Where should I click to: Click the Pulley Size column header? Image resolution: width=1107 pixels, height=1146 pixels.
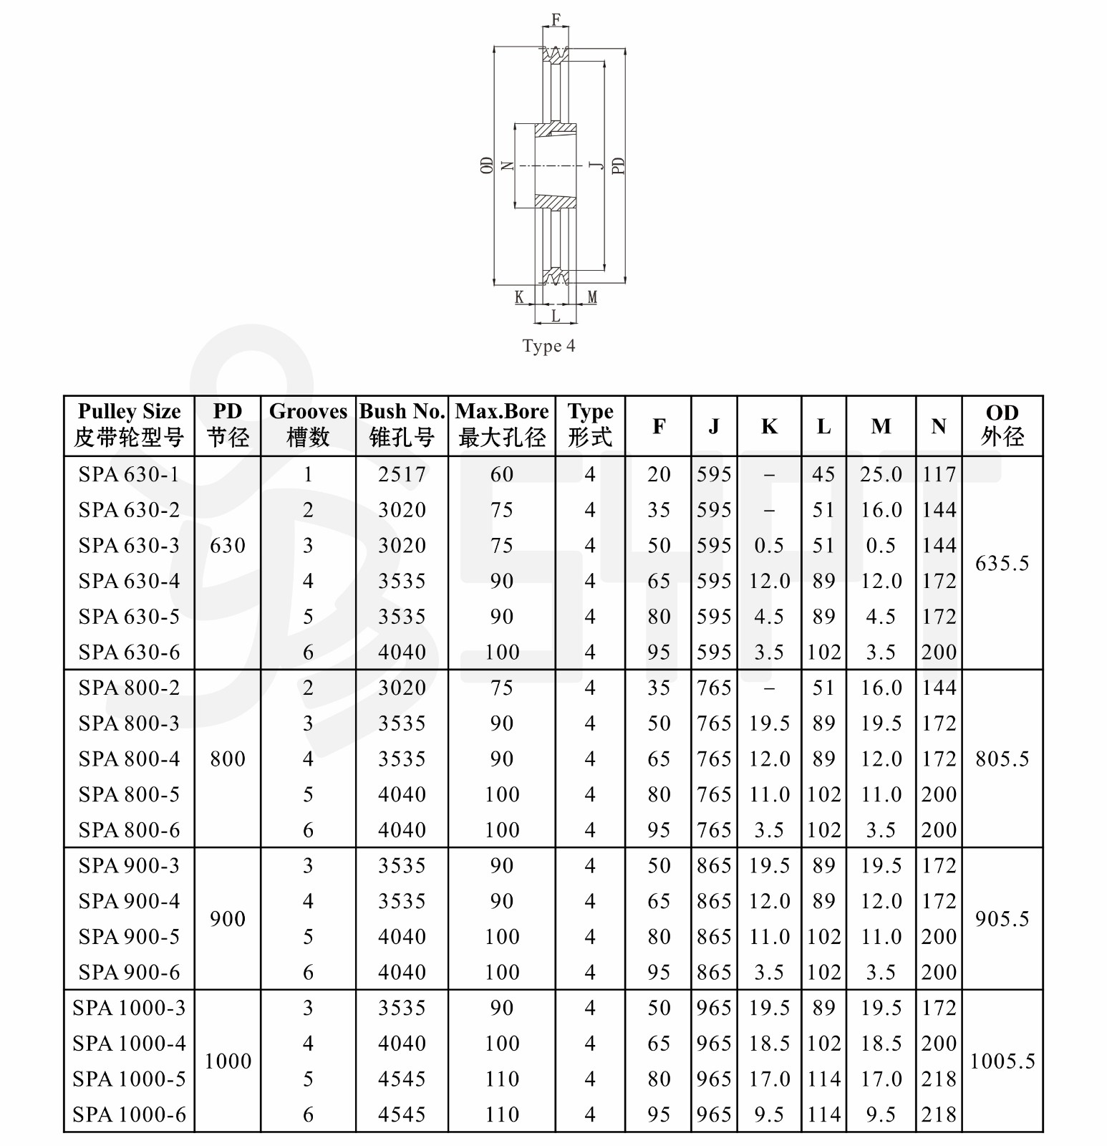click(129, 425)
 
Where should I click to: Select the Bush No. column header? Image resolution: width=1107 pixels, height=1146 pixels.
click(402, 425)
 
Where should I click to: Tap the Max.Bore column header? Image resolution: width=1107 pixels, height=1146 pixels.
click(502, 425)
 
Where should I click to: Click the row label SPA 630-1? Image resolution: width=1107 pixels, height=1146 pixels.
click(129, 474)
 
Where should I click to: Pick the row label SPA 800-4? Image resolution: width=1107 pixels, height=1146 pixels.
click(129, 759)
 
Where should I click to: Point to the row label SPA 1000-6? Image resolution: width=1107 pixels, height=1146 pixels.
click(129, 1114)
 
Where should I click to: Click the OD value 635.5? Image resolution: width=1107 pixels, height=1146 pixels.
click(1002, 564)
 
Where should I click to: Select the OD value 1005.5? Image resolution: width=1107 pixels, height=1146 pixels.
click(1002, 1061)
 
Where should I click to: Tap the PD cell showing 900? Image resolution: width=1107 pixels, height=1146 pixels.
click(228, 919)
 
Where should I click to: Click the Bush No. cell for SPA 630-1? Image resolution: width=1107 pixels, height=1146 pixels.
click(402, 474)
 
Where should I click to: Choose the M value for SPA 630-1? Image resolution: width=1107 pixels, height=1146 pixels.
click(881, 474)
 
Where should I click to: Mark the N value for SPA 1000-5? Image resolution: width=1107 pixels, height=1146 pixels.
click(939, 1079)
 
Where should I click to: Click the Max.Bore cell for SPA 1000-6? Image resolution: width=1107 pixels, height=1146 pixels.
click(502, 1114)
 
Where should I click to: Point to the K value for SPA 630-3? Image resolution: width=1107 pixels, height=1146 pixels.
click(769, 546)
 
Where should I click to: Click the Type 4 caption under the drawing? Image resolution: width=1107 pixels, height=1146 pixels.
click(548, 346)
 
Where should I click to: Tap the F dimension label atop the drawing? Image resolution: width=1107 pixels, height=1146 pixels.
click(556, 19)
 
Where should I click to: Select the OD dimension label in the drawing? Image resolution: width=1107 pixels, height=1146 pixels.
click(487, 165)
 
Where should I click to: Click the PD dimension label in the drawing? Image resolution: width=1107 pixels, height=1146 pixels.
click(619, 165)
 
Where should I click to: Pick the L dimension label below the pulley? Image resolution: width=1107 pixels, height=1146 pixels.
click(556, 316)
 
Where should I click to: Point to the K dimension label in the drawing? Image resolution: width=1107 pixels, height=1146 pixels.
click(519, 297)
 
